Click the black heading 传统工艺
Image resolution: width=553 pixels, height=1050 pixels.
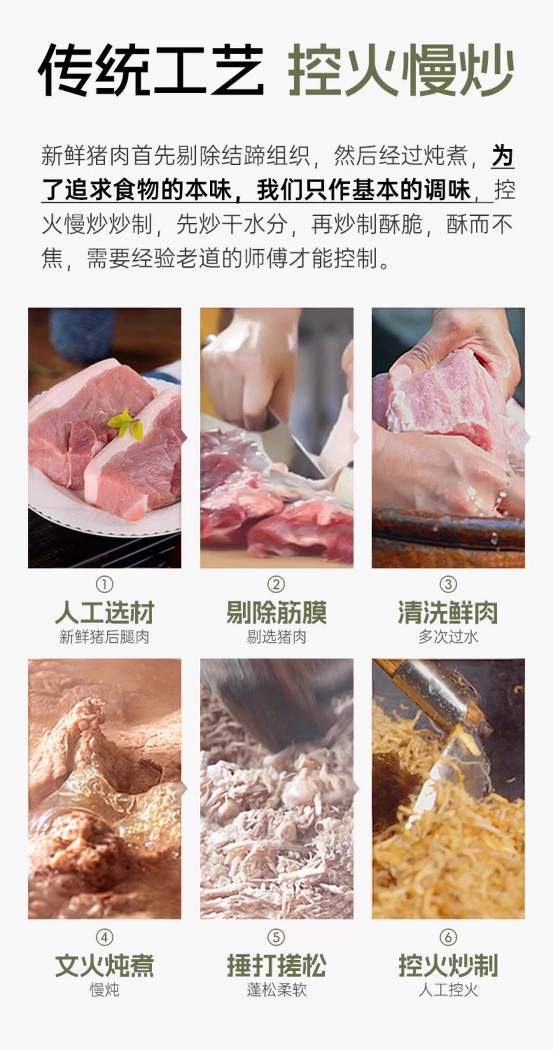pyautogui.click(x=151, y=70)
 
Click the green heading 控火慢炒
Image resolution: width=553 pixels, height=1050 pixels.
pyautogui.click(x=401, y=70)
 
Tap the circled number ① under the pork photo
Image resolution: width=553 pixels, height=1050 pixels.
pyautogui.click(x=105, y=584)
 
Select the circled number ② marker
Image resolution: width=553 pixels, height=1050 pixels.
pyautogui.click(x=276, y=584)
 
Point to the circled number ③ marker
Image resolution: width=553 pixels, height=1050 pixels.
pyautogui.click(x=448, y=584)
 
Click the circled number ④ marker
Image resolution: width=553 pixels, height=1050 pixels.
pyautogui.click(x=105, y=937)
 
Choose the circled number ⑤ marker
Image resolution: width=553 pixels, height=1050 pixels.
pyautogui.click(x=276, y=937)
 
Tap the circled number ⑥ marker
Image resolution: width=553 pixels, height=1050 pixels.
pyautogui.click(x=448, y=937)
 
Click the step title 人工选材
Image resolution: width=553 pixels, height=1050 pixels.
pyautogui.click(x=105, y=612)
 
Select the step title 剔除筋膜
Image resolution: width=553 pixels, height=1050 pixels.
pyautogui.click(x=276, y=612)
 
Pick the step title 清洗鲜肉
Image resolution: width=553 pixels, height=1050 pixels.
pyautogui.click(x=448, y=612)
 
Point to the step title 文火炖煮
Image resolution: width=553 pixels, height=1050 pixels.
pyautogui.click(x=105, y=965)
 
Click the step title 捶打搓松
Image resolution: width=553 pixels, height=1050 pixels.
pyautogui.click(x=276, y=965)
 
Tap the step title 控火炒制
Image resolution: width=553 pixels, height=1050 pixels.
pyautogui.click(x=448, y=965)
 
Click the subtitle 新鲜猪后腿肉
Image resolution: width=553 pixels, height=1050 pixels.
pyautogui.click(x=105, y=637)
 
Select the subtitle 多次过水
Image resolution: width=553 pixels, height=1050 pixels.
pyautogui.click(x=448, y=637)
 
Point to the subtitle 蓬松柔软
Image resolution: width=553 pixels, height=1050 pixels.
pyautogui.click(x=276, y=990)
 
